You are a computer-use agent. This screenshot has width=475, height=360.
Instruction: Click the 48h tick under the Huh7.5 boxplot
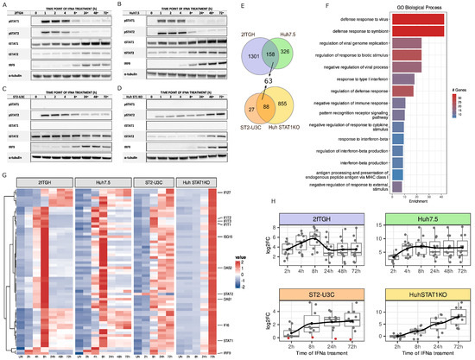(443, 273)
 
